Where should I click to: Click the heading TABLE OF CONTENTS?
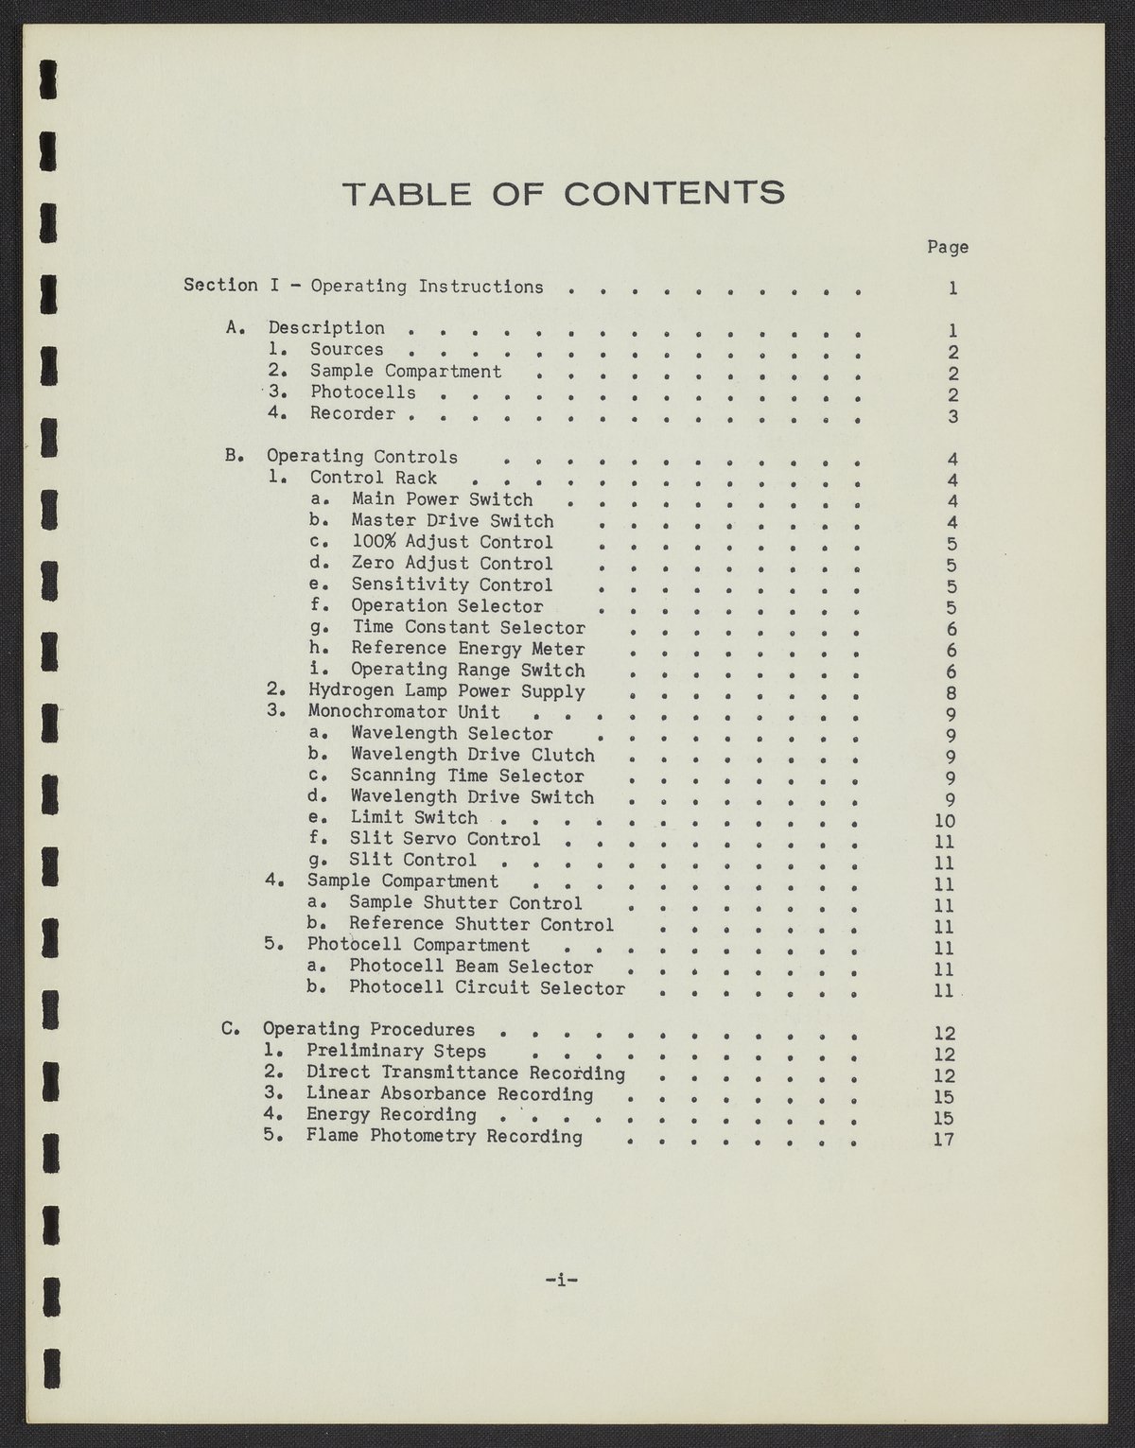(564, 193)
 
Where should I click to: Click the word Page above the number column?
(947, 247)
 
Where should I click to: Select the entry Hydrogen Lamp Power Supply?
(446, 691)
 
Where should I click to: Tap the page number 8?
(952, 693)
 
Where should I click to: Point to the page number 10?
(944, 821)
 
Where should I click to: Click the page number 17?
(944, 1139)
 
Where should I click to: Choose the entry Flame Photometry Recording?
(444, 1136)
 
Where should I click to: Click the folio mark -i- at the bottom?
(562, 1281)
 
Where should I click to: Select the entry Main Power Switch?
(442, 499)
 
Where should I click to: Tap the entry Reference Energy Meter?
(468, 649)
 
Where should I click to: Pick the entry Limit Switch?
(414, 817)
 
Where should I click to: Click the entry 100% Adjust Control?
(452, 542)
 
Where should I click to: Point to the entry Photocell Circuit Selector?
(487, 988)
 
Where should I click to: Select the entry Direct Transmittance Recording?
(465, 1073)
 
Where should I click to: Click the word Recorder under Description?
(353, 413)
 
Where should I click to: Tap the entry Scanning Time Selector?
(467, 776)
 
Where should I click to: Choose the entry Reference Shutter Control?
(481, 924)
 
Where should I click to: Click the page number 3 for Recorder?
(952, 416)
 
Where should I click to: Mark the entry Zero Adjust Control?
(452, 564)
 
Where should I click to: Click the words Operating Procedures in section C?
(369, 1029)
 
